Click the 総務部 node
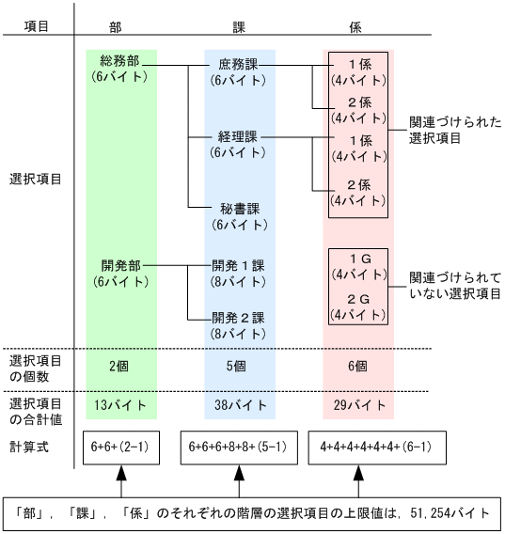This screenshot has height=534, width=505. (120, 67)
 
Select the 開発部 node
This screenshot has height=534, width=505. (120, 273)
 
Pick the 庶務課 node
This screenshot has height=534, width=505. (239, 72)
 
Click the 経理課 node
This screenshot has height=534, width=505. (239, 144)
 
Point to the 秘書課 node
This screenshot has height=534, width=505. (239, 215)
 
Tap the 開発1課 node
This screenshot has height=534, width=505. (239, 273)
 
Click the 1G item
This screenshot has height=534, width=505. (358, 265)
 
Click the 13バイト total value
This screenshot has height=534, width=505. (120, 406)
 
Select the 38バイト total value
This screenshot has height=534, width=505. (239, 406)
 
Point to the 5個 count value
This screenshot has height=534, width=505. (239, 366)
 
